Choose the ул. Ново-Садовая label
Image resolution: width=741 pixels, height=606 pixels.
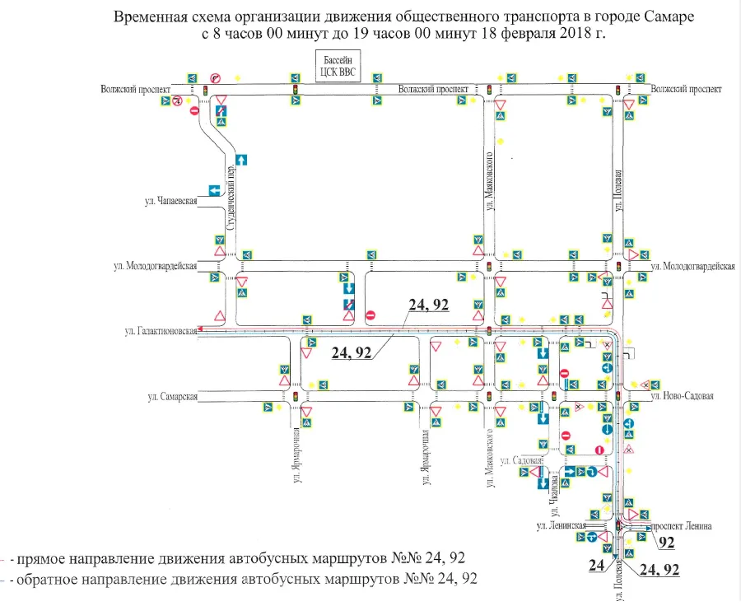[x=681, y=396]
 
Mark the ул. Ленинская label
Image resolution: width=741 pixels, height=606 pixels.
[x=561, y=524]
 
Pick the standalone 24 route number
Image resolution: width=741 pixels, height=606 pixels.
[x=597, y=566]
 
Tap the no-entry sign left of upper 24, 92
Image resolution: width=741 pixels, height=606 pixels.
[x=370, y=314]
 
